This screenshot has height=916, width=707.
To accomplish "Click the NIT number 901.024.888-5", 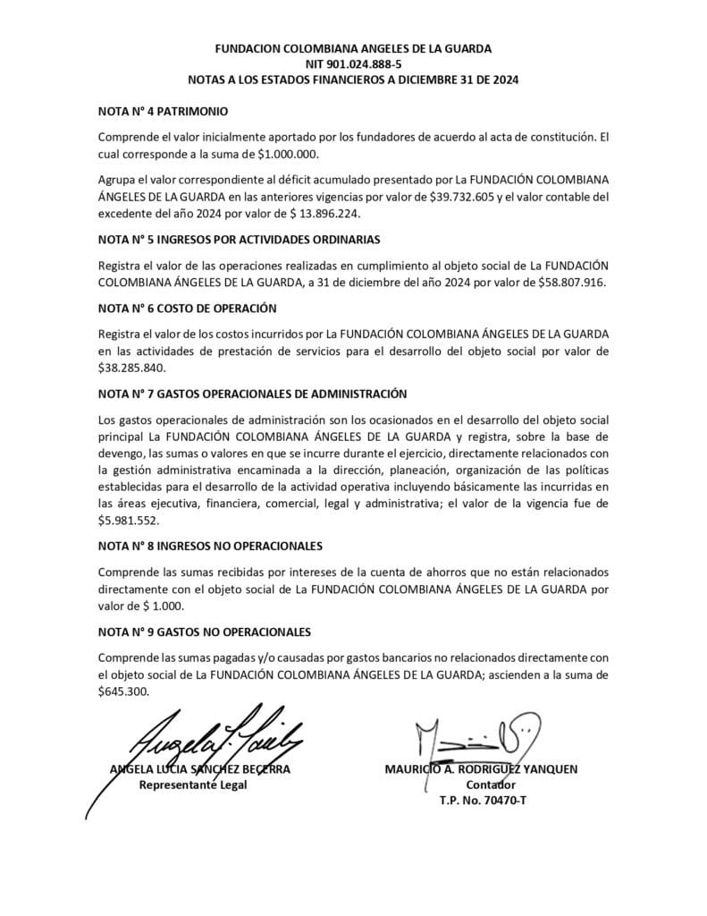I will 353,64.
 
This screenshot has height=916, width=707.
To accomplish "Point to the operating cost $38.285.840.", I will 132,367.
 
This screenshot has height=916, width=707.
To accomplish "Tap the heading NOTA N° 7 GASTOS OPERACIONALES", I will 252,393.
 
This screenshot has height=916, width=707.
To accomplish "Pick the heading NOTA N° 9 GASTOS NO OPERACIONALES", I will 204,632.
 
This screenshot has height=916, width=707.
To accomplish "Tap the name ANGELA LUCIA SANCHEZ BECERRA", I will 199,769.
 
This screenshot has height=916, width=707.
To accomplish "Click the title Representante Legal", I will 192,785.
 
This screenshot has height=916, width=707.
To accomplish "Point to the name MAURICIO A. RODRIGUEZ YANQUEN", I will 482,769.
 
